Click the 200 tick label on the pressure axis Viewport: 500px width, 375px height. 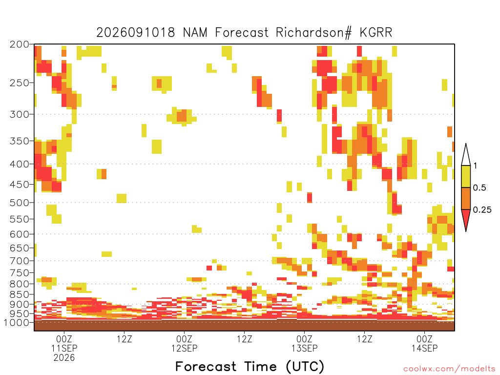tap(19, 44)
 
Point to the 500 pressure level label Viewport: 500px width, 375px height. tap(19, 203)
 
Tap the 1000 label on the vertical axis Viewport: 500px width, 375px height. tap(16, 323)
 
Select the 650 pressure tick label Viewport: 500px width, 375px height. tap(19, 248)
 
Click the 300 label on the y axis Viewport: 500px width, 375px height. tap(19, 114)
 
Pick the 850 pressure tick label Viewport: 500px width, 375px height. tap(19, 294)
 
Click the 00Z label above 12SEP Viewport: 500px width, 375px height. tap(184, 339)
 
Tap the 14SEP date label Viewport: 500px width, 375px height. tap(424, 348)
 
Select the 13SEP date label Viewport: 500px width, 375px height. tap(305, 348)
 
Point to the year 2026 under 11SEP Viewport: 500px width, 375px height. tap(64, 358)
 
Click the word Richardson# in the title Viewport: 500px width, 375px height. tap(314, 33)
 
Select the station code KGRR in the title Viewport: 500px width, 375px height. tap(376, 33)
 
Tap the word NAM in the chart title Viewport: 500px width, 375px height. tap(195, 33)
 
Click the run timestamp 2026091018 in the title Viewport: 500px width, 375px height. tap(136, 33)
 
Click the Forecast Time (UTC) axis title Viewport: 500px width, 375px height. tap(250, 367)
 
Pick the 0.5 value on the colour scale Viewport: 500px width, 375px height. tap(479, 188)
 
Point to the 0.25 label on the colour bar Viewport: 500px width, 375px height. tap(482, 210)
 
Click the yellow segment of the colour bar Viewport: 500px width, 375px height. tap(466, 176)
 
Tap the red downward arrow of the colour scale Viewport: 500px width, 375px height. tap(466, 218)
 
